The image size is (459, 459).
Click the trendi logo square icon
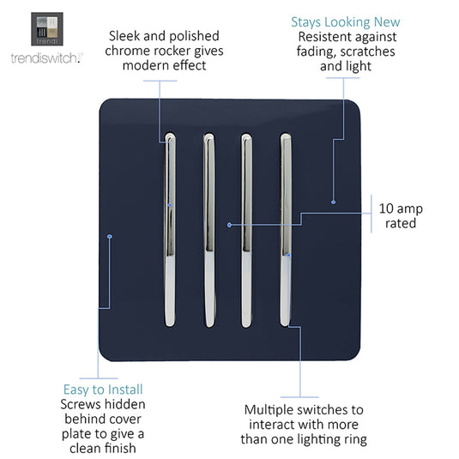(x=47, y=28)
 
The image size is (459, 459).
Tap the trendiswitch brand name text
(x=47, y=58)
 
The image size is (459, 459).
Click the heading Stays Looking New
(x=346, y=22)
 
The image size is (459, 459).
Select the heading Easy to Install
(x=103, y=390)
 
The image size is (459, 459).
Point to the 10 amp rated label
(x=401, y=215)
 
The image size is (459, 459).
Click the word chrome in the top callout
(x=126, y=51)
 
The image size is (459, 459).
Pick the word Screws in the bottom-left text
(x=76, y=404)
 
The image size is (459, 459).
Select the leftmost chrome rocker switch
(x=170, y=230)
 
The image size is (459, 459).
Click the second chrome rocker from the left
(x=209, y=230)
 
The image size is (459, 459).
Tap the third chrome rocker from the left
(x=246, y=230)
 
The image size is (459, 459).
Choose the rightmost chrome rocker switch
(x=286, y=230)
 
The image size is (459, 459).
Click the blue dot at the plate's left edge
(x=110, y=236)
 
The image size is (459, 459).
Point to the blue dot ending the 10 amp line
(x=230, y=225)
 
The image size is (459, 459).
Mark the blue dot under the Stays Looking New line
(x=333, y=202)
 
